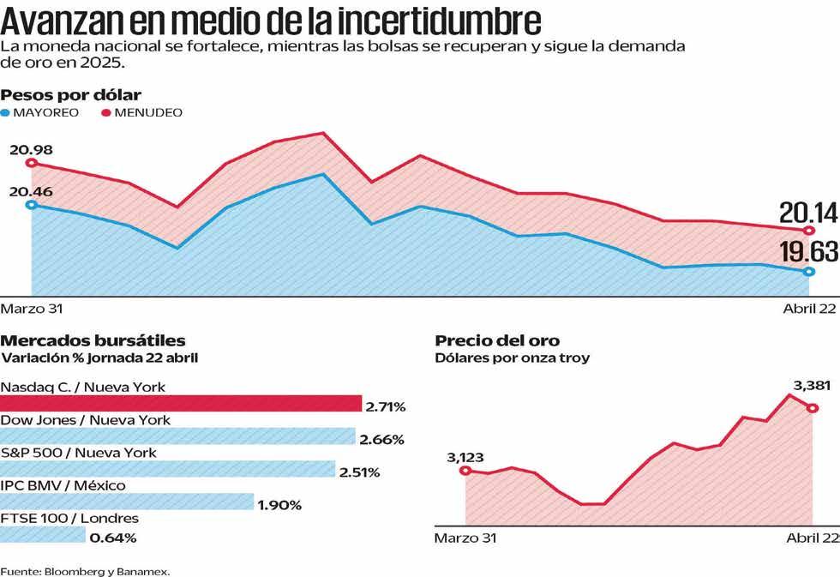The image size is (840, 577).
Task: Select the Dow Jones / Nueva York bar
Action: [177, 436]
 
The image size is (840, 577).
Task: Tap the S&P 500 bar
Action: [167, 469]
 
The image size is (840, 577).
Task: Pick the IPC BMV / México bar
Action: [127, 502]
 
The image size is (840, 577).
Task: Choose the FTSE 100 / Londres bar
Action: [43, 535]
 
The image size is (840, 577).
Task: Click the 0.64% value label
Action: [113, 538]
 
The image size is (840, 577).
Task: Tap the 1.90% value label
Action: [279, 505]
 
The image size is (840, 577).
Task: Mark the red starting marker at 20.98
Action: [31, 163]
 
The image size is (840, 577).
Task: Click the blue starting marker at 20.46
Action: [31, 204]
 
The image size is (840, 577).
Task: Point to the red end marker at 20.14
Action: [808, 231]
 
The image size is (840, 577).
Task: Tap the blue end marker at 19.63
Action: [808, 272]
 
